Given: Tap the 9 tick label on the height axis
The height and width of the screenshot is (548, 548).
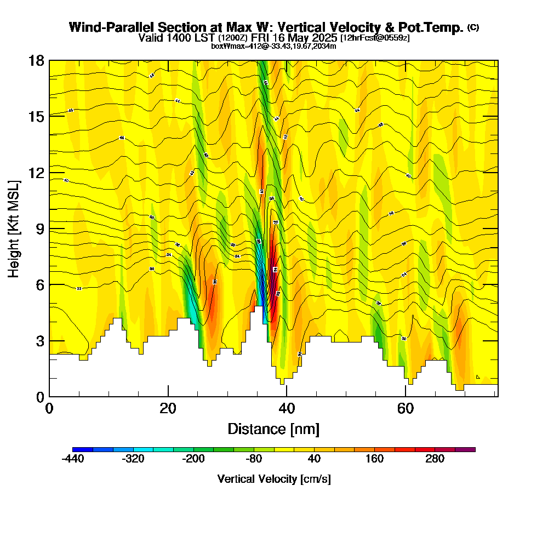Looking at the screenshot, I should (x=39, y=229).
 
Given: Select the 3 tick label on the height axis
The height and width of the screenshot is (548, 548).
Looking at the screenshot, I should (x=39, y=340).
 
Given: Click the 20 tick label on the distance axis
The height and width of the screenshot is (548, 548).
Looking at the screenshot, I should (x=168, y=408).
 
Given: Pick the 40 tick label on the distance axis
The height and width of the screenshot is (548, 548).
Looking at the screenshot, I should (x=286, y=408).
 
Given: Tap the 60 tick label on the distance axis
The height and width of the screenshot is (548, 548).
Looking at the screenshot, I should (x=405, y=408).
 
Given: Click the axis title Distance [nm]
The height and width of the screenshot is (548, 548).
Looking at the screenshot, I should (x=273, y=429).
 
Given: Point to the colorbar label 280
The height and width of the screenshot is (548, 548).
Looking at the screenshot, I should (x=435, y=459).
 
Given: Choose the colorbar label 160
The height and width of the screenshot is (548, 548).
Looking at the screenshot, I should (x=374, y=459).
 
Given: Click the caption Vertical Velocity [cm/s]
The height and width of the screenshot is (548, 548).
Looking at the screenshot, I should (x=273, y=479).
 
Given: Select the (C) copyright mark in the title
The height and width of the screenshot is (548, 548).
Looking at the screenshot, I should (x=473, y=27).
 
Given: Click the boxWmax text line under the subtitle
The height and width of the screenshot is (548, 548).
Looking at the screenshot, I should (x=273, y=46).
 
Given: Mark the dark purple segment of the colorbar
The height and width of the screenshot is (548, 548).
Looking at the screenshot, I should (x=465, y=449).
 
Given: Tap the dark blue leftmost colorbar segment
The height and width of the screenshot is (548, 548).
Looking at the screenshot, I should (x=83, y=449).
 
